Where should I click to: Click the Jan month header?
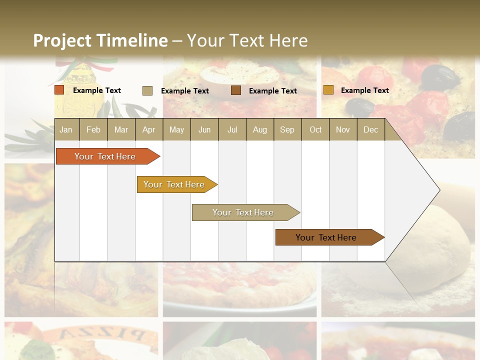pyautogui.click(x=66, y=129)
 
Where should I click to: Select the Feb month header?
pyautogui.click(x=93, y=129)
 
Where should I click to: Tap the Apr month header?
pyautogui.click(x=148, y=129)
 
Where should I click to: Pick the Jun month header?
pyautogui.click(x=204, y=129)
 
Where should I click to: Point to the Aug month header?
pyautogui.click(x=259, y=129)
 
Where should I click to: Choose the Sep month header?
pyautogui.click(x=287, y=129)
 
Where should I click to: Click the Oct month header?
pyautogui.click(x=315, y=129)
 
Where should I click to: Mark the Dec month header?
pyautogui.click(x=370, y=129)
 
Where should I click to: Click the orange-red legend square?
pyautogui.click(x=59, y=90)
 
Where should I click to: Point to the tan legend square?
pyautogui.click(x=147, y=90)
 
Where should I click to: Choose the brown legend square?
pyautogui.click(x=236, y=90)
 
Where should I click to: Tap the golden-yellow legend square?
pyautogui.click(x=328, y=90)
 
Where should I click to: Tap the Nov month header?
pyautogui.click(x=343, y=129)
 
